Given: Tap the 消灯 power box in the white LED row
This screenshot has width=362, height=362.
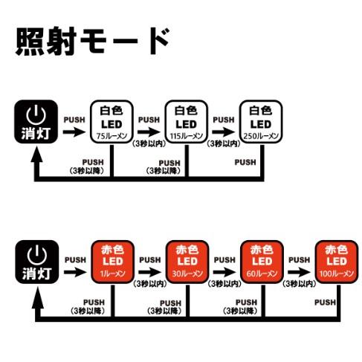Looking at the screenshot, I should pyautogui.click(x=36, y=123).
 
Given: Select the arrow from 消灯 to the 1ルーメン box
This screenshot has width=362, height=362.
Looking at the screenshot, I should pyautogui.click(x=74, y=272).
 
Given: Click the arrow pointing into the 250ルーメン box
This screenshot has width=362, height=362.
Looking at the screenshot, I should pyautogui.click(x=223, y=132).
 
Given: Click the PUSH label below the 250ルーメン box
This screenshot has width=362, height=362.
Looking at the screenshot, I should pyautogui.click(x=245, y=162).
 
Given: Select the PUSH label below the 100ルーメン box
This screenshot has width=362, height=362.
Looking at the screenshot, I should pyautogui.click(x=324, y=302).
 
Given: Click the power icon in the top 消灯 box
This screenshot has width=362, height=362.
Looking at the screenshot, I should pyautogui.click(x=36, y=115).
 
